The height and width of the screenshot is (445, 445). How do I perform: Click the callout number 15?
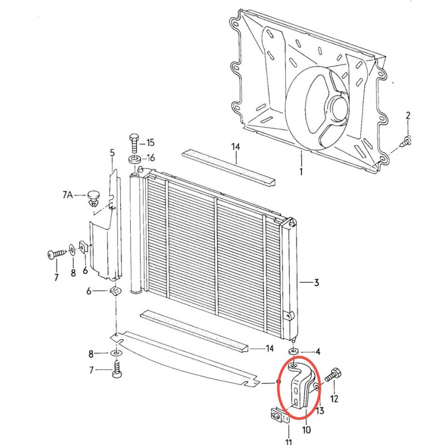click(150, 142)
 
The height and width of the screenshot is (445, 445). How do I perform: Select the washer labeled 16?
click(135, 159)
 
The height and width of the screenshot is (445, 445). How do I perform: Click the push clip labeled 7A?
click(93, 199)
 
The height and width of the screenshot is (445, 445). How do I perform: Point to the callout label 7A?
click(67, 195)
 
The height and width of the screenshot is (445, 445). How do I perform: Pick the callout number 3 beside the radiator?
click(316, 283)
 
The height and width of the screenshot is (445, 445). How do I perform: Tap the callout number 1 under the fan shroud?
click(301, 171)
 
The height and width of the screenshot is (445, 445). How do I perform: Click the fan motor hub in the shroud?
click(338, 108)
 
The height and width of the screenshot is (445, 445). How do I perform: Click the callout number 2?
click(408, 116)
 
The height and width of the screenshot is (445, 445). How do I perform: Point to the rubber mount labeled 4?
click(294, 352)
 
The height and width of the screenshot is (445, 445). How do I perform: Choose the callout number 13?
click(320, 411)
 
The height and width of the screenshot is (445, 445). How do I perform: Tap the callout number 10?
click(306, 430)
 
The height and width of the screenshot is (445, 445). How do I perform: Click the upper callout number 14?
click(235, 147)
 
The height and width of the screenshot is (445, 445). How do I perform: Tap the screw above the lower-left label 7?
click(117, 369)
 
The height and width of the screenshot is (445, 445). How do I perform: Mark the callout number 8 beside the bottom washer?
click(91, 354)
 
